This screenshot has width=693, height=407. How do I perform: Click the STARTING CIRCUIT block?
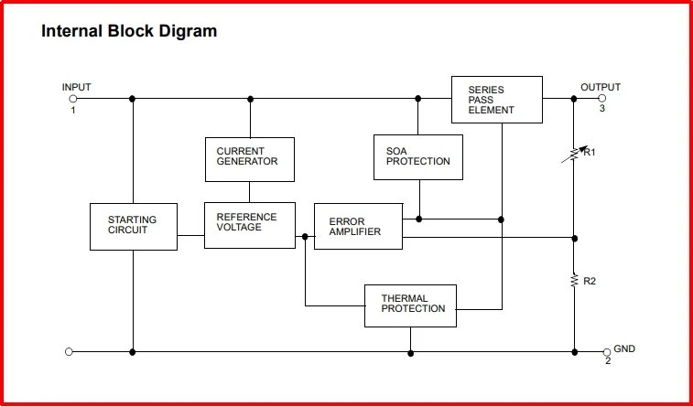click(134, 227)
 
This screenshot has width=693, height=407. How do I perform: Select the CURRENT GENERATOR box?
click(250, 159)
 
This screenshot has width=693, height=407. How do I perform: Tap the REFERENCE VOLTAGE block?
click(250, 225)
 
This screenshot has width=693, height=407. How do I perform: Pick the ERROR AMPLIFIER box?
click(359, 227)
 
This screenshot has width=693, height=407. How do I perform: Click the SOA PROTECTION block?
click(418, 157)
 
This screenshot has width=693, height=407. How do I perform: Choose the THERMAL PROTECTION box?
click(411, 305)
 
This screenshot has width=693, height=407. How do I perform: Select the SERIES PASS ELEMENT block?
click(497, 100)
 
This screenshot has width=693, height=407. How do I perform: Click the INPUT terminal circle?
click(73, 99)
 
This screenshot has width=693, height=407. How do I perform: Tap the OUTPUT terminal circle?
click(601, 99)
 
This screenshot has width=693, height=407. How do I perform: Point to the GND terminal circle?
click(607, 352)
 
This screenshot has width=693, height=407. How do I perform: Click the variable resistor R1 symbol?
click(574, 154)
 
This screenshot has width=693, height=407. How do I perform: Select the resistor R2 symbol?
click(574, 280)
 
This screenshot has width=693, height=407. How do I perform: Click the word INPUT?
click(77, 87)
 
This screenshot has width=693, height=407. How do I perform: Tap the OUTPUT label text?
click(601, 87)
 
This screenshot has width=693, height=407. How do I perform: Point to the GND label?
click(624, 348)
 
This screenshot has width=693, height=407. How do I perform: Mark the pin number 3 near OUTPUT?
click(602, 108)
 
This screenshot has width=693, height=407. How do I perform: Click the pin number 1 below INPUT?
click(73, 111)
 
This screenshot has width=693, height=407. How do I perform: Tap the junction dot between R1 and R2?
click(575, 239)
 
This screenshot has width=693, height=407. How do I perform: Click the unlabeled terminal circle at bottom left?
click(69, 352)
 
